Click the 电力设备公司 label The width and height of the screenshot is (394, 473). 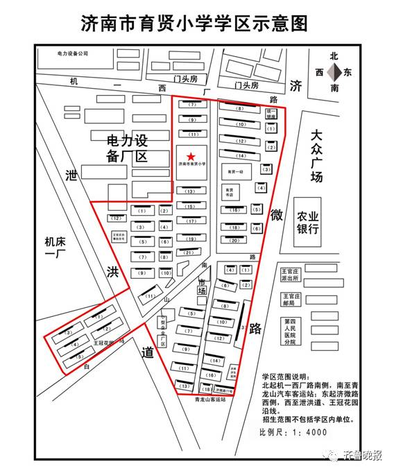[x=74, y=53]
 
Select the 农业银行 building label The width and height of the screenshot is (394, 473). [x=307, y=222]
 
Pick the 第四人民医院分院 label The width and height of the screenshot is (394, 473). [x=289, y=332]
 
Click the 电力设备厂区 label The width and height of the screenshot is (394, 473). [x=127, y=148]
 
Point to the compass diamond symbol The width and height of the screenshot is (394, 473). [x=335, y=71]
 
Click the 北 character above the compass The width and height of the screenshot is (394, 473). [x=334, y=55]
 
